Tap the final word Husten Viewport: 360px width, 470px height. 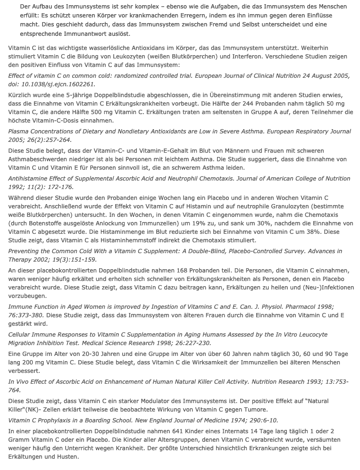click(x=66, y=457)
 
